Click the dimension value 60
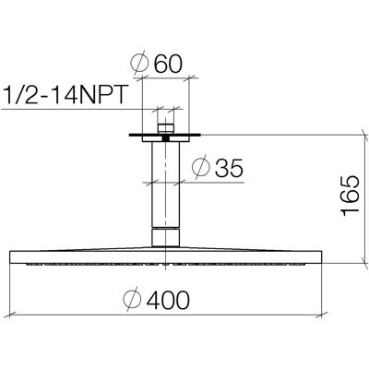click(168, 65)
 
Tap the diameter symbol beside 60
click(139, 65)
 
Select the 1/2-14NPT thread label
click(65, 94)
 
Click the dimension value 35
click(229, 169)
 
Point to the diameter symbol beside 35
click(200, 168)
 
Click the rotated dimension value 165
click(350, 196)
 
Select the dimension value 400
click(168, 300)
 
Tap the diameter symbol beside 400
click(132, 300)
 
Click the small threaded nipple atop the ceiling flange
click(166, 128)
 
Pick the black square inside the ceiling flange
click(166, 138)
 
